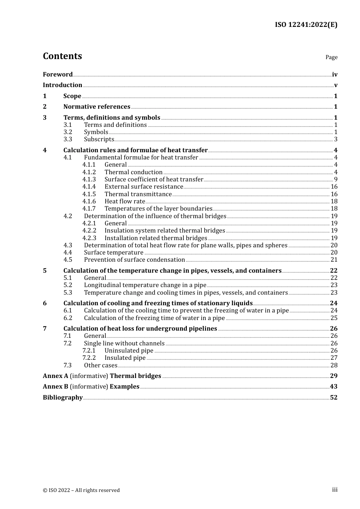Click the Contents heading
pos(62,56)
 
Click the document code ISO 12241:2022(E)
pos(306,25)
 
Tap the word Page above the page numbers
pos(331,57)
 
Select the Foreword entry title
pos(58,74)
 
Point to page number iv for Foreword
pos(335,74)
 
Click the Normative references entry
pos(97,107)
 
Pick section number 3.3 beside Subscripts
pos(68,139)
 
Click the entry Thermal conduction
pos(133,172)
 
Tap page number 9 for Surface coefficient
pos(336,180)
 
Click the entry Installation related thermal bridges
pos(156,238)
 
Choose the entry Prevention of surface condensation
pos(135,260)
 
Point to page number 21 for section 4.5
pos(334,260)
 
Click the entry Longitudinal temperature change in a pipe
pos(145,285)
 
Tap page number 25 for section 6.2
pos(334,318)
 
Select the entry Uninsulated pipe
pos(129,351)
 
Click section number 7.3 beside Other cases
pos(68,365)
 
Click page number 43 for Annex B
pos(333,387)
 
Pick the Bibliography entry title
pos(63,398)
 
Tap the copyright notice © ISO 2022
pos(81,490)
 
